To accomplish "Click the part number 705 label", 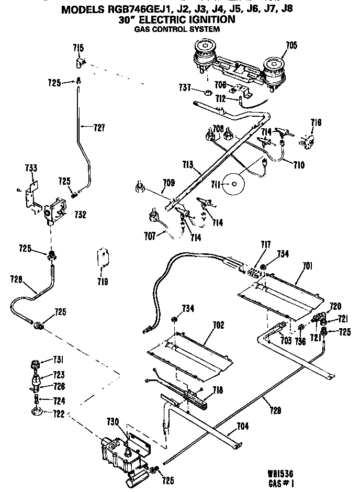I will [x=291, y=46].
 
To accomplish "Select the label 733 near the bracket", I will [x=31, y=168].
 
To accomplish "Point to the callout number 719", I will [x=103, y=282].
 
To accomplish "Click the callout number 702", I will [x=218, y=325].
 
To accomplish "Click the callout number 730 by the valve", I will [x=114, y=422].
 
